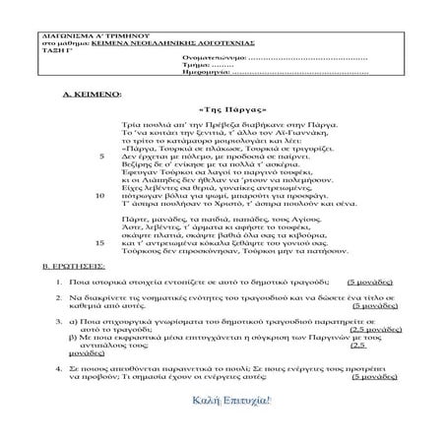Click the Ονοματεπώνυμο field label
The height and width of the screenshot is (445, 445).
209,59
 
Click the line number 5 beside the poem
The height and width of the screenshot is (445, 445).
102,156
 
